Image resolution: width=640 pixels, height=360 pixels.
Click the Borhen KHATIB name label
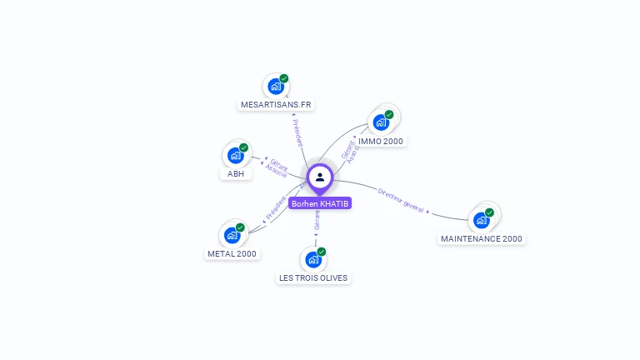[x=320, y=203]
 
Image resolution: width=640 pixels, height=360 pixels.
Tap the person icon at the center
[x=320, y=177]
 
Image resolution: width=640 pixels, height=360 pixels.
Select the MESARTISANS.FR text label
[x=276, y=105]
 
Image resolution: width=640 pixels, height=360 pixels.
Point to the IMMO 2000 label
[x=381, y=142]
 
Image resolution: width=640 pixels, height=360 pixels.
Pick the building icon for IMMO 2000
[x=381, y=122]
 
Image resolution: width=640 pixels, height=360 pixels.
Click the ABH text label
[x=236, y=174]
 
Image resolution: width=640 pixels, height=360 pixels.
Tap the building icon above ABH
[x=235, y=155]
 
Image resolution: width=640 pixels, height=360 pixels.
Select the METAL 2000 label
[x=232, y=253]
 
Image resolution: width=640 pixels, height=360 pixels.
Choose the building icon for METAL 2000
[x=232, y=235]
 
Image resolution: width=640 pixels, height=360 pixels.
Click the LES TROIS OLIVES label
[x=313, y=277]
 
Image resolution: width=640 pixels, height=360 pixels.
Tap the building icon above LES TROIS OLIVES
[x=312, y=259]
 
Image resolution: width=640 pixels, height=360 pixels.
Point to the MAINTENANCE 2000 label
[x=482, y=238]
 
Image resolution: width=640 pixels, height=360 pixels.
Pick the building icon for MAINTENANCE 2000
[x=481, y=220]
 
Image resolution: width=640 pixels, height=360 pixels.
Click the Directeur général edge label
[x=401, y=201]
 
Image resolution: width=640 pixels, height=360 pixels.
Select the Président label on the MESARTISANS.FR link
[x=297, y=132]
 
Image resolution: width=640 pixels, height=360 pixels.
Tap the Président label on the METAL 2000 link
[x=276, y=207]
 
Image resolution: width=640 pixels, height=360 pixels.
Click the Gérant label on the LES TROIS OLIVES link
[x=317, y=219]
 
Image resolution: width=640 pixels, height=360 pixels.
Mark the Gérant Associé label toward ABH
[x=277, y=167]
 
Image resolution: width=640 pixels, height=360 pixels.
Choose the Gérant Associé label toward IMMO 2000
[x=350, y=151]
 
